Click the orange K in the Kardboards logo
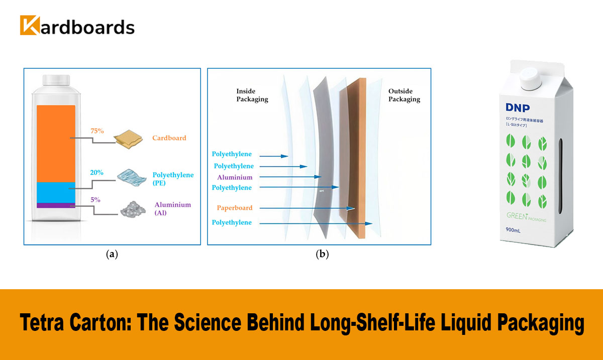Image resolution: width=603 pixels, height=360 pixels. coord(30,26)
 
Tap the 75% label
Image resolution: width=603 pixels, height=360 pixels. coord(97,131)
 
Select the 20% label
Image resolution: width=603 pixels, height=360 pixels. coord(97,172)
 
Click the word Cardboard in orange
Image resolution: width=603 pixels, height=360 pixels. coord(169,138)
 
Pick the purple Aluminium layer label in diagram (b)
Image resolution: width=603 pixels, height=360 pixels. coord(235,177)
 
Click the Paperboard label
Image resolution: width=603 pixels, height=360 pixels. coord(235,207)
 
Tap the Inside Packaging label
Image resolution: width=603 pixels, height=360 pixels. coord(252,95)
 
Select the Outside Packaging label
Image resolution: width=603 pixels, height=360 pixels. coord(404,95)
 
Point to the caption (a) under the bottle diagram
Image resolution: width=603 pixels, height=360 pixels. coord(112,254)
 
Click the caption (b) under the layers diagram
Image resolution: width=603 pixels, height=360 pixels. coord(322,254)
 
